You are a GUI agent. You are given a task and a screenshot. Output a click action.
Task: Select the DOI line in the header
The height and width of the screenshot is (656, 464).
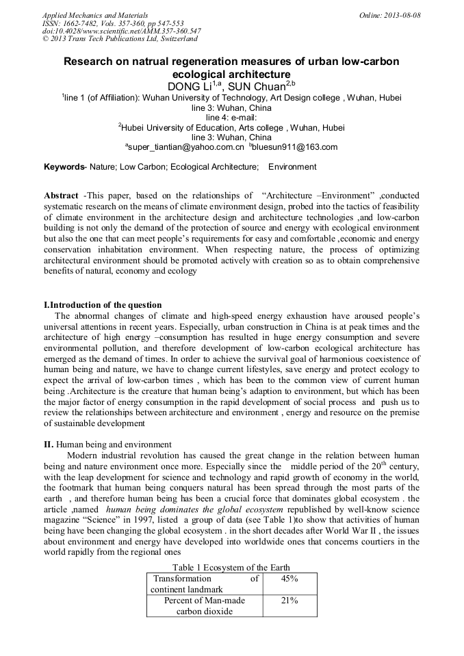[x=122, y=31]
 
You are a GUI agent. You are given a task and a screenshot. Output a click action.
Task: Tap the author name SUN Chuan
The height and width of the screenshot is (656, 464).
[x=266, y=86]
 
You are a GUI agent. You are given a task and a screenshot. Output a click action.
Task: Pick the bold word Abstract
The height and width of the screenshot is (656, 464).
[x=61, y=196]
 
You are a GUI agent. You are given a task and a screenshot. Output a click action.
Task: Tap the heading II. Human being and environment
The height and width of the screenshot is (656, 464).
[x=107, y=445]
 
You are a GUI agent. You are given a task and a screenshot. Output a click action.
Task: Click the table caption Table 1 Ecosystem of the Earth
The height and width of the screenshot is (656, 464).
[x=231, y=568]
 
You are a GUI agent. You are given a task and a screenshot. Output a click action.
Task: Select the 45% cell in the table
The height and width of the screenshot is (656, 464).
[x=289, y=579]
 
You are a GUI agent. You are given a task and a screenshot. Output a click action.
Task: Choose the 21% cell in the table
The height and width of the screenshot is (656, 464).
[x=289, y=601]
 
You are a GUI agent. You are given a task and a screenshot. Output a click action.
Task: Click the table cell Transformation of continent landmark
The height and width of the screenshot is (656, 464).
[x=205, y=584]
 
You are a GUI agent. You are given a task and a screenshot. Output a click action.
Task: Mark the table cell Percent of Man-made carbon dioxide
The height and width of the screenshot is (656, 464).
[x=205, y=606]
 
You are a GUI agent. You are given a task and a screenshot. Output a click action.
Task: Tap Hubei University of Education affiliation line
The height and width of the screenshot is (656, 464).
[x=233, y=127]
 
